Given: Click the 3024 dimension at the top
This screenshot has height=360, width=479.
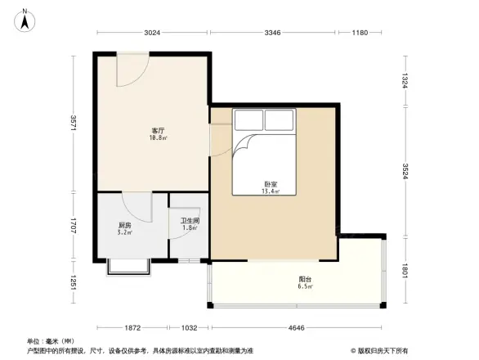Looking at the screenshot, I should [152, 33].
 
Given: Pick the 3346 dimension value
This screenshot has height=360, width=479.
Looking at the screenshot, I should [272, 33].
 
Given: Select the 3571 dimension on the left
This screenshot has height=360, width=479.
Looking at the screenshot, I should [74, 124].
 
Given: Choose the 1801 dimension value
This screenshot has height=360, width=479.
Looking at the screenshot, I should [405, 269].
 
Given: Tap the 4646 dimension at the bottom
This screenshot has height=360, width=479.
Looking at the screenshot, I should [295, 327].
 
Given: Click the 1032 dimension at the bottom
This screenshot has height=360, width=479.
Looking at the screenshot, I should [189, 327].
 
